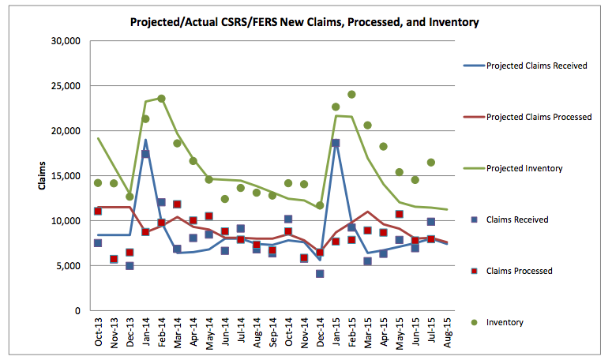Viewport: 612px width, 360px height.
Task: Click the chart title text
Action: [x=305, y=22]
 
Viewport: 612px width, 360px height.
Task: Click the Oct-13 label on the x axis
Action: [x=98, y=336]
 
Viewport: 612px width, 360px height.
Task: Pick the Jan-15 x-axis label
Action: [x=336, y=336]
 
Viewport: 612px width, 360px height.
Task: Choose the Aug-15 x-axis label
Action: [x=447, y=336]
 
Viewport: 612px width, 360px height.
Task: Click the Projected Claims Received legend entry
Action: [x=536, y=66]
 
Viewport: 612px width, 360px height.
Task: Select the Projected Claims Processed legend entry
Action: [x=539, y=117]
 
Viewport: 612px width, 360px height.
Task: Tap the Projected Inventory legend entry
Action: [x=524, y=168]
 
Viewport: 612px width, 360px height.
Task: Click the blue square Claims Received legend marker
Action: [x=471, y=219]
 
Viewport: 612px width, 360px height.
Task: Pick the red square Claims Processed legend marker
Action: [x=471, y=271]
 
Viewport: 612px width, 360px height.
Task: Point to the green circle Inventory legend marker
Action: [x=471, y=322]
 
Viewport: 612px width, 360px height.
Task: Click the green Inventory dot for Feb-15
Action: [x=351, y=95]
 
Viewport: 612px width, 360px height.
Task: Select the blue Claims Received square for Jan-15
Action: [x=336, y=144]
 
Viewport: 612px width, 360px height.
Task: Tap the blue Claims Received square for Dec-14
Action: [x=320, y=274]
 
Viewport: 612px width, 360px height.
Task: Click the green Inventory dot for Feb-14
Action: [x=161, y=99]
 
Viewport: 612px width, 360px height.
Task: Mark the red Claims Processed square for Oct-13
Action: [x=98, y=212]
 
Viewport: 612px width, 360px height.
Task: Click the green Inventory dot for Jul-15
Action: [x=431, y=163]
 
